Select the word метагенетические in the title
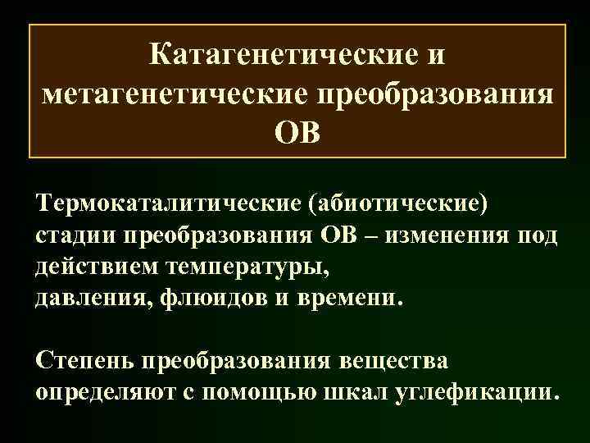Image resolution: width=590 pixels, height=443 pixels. (171, 94)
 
